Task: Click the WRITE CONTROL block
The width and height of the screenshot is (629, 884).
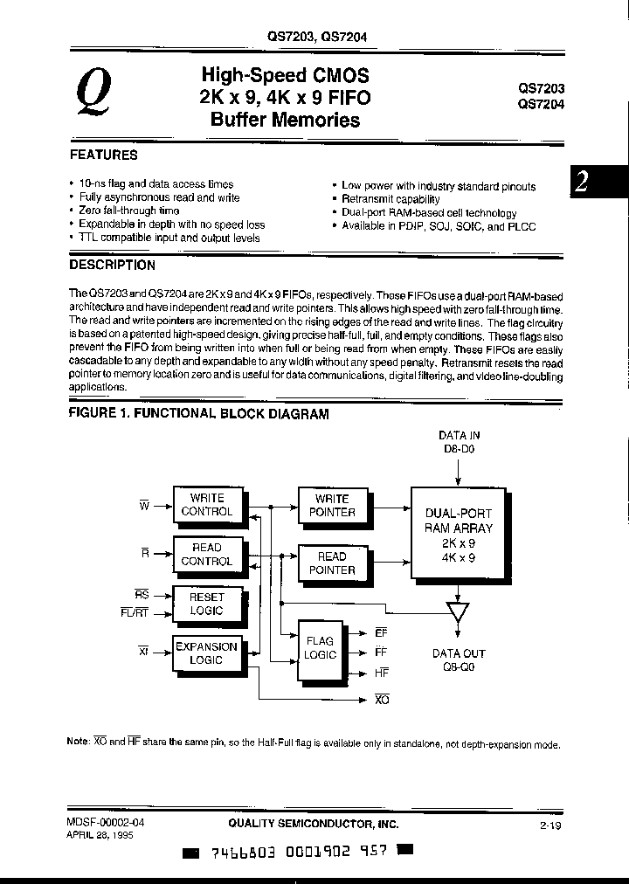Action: coord(206,505)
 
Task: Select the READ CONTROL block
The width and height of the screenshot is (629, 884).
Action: coord(206,554)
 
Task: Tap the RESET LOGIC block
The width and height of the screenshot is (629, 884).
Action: coord(206,604)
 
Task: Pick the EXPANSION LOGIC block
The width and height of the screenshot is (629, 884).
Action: coord(206,653)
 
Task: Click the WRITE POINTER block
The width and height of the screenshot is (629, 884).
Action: coord(332,505)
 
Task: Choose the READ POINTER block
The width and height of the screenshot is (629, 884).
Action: coord(332,563)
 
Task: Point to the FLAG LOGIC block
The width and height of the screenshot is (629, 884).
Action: coord(320,647)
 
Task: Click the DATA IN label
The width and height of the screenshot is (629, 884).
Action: coord(459,434)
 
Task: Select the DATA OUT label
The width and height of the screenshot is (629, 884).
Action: coord(459,653)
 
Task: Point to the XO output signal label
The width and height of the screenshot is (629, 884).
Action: coord(381,700)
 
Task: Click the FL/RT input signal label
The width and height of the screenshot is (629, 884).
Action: coord(137,611)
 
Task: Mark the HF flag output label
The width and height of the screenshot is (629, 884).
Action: coord(381,673)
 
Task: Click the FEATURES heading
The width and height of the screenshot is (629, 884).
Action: coord(104,155)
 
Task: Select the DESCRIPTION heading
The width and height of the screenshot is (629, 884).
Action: coord(113,264)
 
